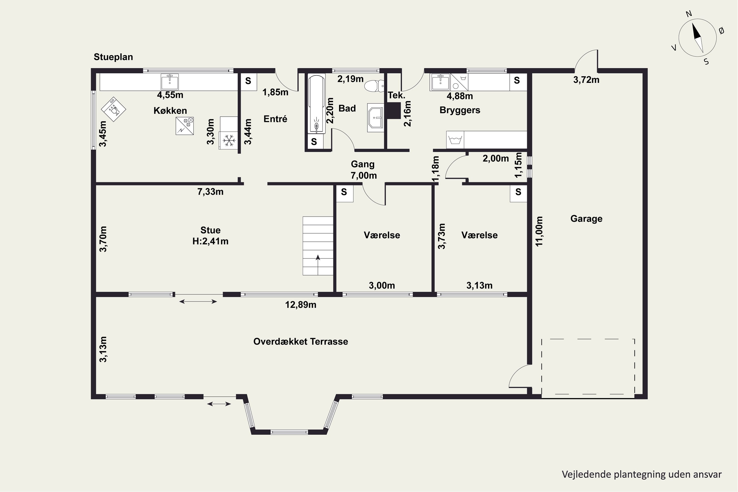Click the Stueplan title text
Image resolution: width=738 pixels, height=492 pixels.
pyautogui.click(x=113, y=57)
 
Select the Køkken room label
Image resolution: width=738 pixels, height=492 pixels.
pyautogui.click(x=170, y=110)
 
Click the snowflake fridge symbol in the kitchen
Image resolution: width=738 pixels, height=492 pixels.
pyautogui.click(x=229, y=140)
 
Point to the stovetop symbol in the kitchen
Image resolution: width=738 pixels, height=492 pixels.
pyautogui.click(x=184, y=126)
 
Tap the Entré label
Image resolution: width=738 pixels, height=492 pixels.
pyautogui.click(x=275, y=119)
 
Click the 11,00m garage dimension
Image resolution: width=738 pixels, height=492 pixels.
pyautogui.click(x=539, y=231)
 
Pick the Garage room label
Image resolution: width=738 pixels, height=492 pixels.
pyautogui.click(x=586, y=219)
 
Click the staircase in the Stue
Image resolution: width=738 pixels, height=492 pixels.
pyautogui.click(x=318, y=246)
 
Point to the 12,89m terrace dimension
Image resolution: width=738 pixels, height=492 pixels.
pyautogui.click(x=301, y=305)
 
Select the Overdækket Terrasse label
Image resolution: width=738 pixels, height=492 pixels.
pyautogui.click(x=301, y=341)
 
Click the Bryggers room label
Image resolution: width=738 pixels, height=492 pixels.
pyautogui.click(x=460, y=110)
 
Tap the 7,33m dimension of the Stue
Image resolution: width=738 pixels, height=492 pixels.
pyautogui.click(x=210, y=191)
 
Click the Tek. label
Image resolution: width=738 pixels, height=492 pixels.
pyautogui.click(x=396, y=95)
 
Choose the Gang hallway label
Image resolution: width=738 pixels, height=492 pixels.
pyautogui.click(x=363, y=164)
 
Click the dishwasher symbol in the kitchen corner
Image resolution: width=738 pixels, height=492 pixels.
pyautogui.click(x=113, y=109)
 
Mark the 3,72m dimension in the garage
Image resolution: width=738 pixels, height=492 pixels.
pyautogui.click(x=586, y=80)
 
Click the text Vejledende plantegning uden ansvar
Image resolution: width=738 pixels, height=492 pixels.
pyautogui.click(x=642, y=474)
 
